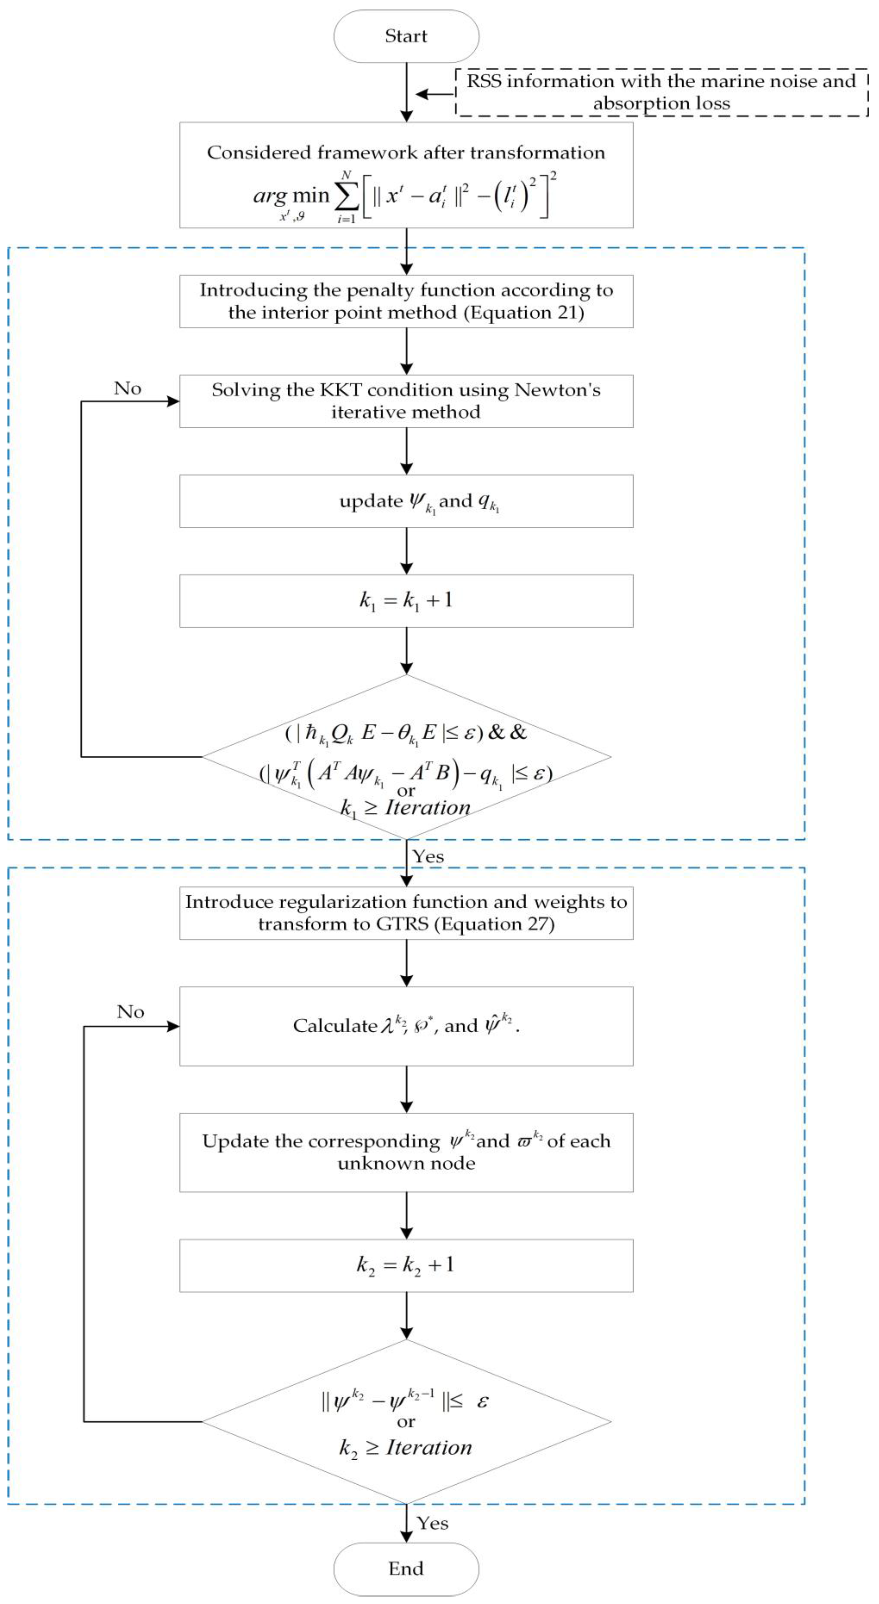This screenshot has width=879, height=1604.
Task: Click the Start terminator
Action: [406, 36]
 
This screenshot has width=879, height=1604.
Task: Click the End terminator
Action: [406, 1568]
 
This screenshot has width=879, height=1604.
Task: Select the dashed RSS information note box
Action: [662, 92]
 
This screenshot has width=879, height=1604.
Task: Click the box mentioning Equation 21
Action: [406, 301]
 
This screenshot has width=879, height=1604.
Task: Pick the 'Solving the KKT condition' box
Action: [406, 401]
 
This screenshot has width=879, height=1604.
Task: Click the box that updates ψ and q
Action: [406, 501]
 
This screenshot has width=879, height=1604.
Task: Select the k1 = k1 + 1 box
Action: [406, 601]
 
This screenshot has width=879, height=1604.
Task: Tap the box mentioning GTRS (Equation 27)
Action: [406, 913]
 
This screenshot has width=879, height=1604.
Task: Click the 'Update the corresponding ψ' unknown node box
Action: [406, 1152]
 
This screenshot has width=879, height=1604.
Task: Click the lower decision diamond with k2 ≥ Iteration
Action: [406, 1422]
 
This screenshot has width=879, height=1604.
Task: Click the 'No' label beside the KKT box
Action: [128, 388]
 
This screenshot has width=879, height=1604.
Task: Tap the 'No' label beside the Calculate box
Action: [130, 1012]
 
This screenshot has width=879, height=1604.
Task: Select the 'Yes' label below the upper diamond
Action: [429, 857]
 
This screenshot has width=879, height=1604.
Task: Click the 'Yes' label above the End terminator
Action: [432, 1523]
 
